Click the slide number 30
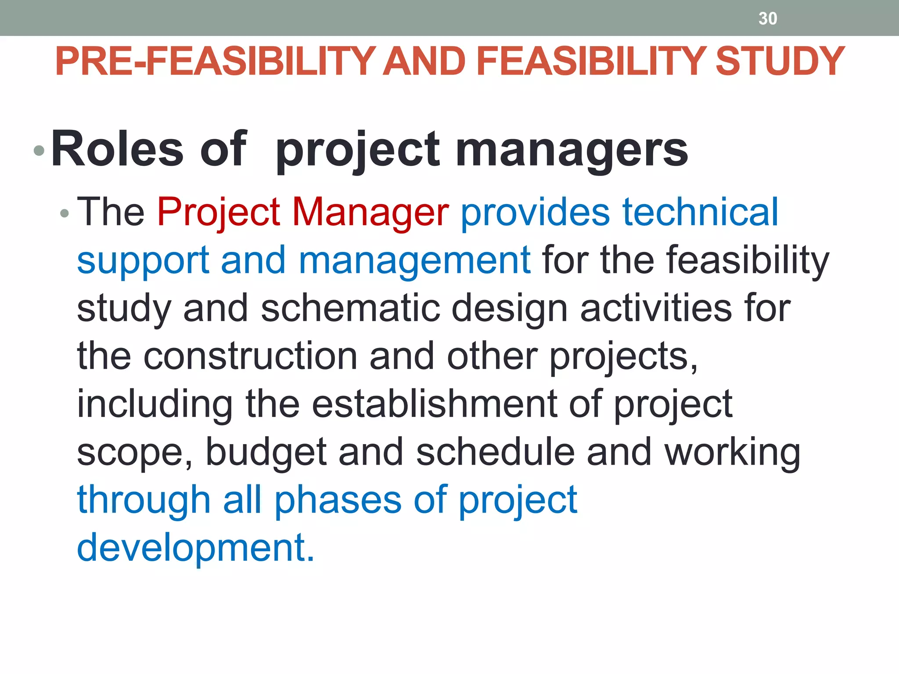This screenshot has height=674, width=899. click(x=768, y=18)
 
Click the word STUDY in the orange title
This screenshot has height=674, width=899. click(x=780, y=61)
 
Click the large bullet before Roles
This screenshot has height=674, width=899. click(x=39, y=151)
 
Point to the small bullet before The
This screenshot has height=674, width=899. click(x=65, y=214)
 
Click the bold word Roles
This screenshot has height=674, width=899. click(x=117, y=149)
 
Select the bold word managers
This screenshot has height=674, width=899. click(x=572, y=151)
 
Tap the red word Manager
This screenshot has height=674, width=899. click(x=370, y=212)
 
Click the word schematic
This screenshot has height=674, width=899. click(x=350, y=308)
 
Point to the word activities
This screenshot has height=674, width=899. click(x=656, y=308)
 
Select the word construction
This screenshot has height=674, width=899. click(x=250, y=356)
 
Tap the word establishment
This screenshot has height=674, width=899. click(x=435, y=404)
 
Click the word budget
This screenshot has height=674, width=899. click(x=266, y=452)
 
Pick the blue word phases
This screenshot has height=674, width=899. click(x=338, y=501)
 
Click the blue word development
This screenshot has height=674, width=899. click(x=196, y=548)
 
